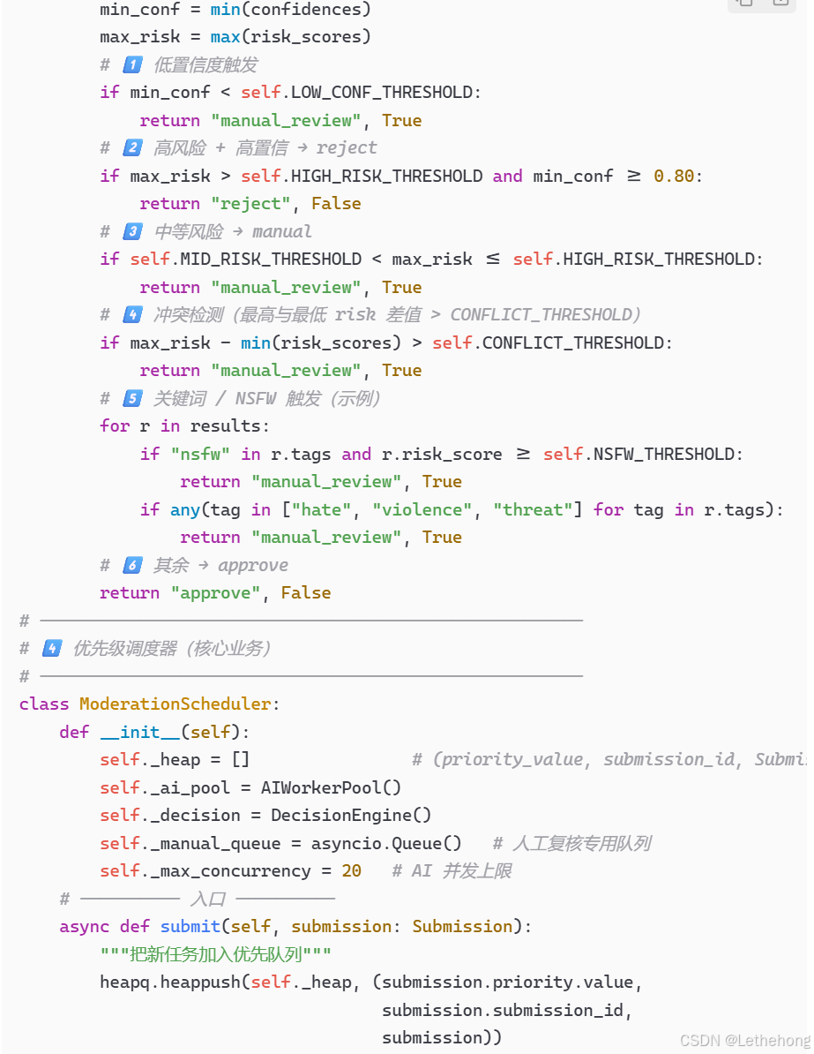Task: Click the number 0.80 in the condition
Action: [x=674, y=176]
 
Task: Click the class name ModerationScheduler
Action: [x=175, y=704]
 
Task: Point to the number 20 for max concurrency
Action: [x=351, y=870]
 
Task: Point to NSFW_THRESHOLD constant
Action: [x=667, y=454]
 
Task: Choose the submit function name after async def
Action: [x=190, y=926]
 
